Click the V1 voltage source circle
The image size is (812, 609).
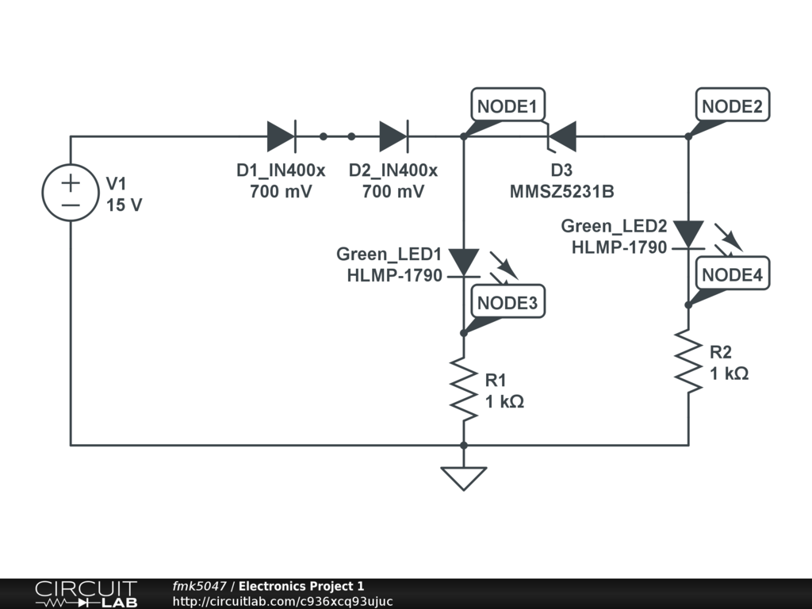coord(71,193)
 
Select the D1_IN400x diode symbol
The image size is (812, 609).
coord(282,136)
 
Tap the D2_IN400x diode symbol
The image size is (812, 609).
coord(393,136)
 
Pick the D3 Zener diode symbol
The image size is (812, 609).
coord(561,136)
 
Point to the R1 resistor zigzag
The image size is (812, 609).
coord(464,386)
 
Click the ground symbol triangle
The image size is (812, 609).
coord(464,477)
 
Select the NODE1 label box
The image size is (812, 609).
coord(508,105)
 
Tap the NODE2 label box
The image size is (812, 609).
coord(732,105)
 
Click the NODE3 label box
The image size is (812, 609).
coord(508,302)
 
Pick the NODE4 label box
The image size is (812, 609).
coord(732,275)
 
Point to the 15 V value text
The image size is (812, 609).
coord(124,205)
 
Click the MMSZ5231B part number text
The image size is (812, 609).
coord(561,192)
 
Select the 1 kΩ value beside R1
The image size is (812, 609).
coord(504,401)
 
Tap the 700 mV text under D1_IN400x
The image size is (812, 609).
coord(281,192)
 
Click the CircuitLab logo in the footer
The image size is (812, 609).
coord(86,594)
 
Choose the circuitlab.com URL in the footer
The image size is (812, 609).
coord(282,601)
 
